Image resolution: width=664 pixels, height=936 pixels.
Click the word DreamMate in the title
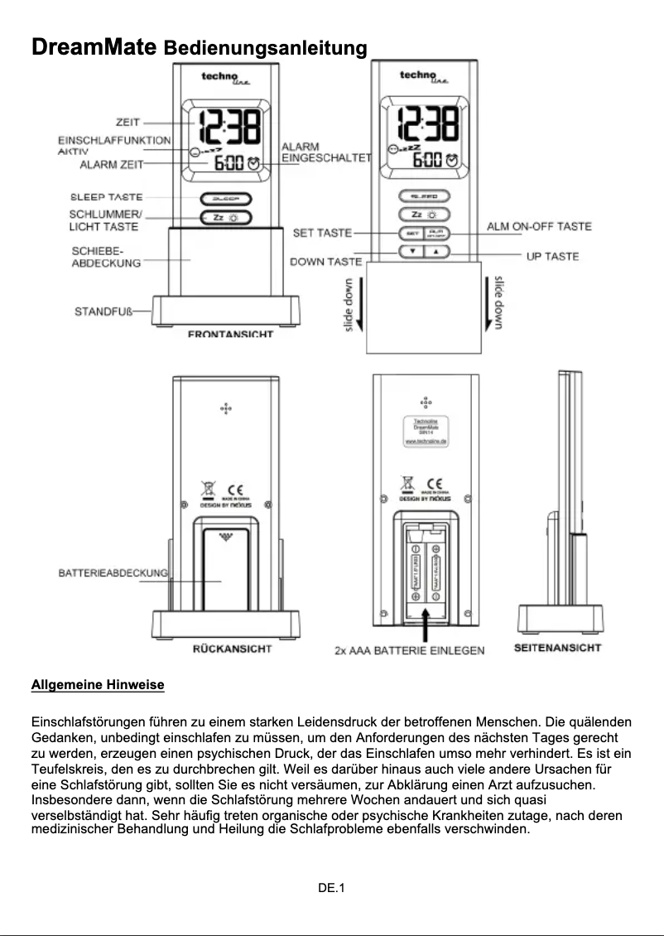(94, 47)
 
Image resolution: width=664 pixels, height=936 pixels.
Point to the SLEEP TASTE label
(106, 197)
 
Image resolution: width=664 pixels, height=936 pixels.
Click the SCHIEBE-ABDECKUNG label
(105, 256)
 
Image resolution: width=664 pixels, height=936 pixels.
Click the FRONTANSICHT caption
(230, 335)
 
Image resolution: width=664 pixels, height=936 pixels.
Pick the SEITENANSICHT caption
(557, 647)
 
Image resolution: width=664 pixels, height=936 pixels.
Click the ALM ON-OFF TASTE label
(539, 226)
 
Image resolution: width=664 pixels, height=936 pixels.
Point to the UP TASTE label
(552, 256)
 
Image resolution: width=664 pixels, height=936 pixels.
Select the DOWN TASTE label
(325, 262)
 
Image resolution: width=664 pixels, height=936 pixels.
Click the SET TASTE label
(322, 233)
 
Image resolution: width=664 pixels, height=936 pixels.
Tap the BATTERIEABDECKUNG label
(113, 572)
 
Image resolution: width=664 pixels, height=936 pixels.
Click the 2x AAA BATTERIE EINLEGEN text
(409, 651)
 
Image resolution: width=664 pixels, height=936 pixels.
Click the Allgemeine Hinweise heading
(98, 685)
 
